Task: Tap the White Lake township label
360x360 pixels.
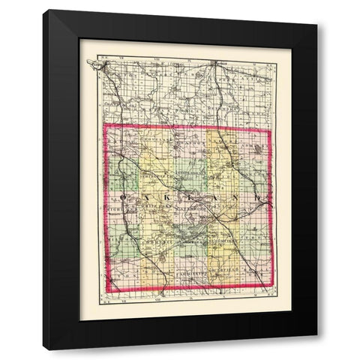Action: (x=154, y=208)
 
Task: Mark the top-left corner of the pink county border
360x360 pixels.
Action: (x=103, y=124)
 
